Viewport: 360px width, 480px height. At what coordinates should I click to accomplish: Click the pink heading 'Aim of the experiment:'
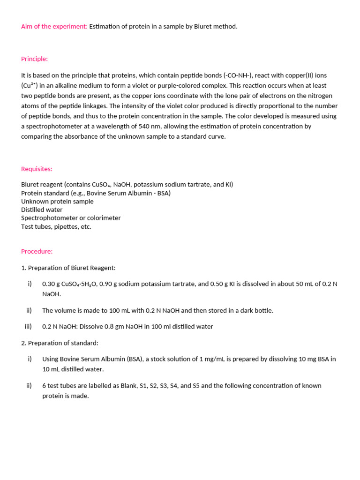tap(54, 26)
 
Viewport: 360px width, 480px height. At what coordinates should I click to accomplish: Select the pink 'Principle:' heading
tap(34, 59)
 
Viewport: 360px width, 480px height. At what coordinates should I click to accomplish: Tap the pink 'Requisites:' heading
tap(37, 169)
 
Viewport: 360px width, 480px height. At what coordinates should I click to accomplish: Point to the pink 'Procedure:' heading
tap(37, 251)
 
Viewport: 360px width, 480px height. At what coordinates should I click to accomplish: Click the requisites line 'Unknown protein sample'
tap(57, 202)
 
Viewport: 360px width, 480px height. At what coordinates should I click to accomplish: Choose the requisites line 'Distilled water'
tap(42, 210)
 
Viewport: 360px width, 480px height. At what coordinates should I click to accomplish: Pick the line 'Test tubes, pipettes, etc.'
tap(56, 227)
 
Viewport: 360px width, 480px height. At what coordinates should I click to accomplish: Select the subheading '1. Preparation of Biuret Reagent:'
tap(68, 268)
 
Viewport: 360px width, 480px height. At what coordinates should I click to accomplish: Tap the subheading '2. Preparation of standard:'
tap(60, 343)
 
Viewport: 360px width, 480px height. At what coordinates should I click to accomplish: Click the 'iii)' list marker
tap(28, 327)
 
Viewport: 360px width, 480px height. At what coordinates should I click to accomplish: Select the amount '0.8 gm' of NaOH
tap(105, 327)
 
